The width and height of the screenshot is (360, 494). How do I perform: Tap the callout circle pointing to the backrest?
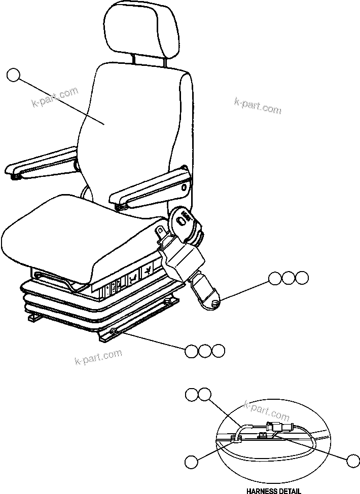(x=14, y=76)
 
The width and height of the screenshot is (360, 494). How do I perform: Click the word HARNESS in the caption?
(x=261, y=490)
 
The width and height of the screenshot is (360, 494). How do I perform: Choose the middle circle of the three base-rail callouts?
(x=204, y=351)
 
